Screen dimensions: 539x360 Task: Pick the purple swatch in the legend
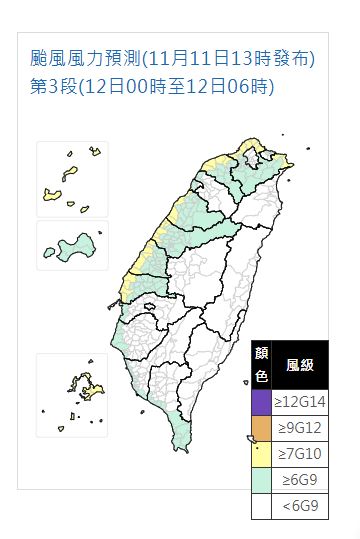tap(261, 403)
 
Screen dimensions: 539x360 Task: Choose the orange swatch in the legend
tap(261, 429)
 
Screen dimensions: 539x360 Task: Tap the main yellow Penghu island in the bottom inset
tap(78, 384)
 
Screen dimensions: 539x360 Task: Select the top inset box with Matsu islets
tap(72, 178)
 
